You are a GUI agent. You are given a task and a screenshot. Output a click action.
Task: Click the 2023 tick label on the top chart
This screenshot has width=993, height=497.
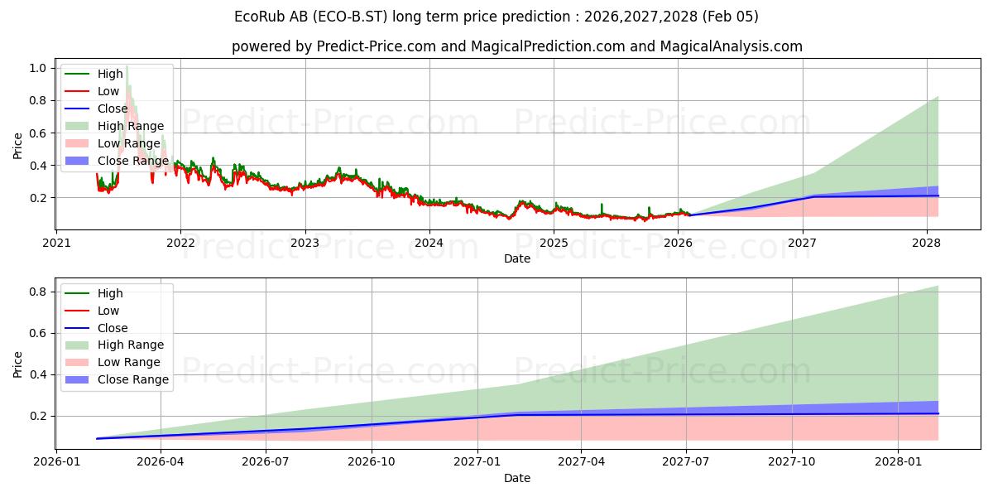coord(305,243)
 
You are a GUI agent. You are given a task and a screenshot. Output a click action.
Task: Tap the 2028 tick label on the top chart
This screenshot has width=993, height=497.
coord(926,243)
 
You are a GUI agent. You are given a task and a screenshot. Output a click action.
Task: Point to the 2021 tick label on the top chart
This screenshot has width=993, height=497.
coord(55,243)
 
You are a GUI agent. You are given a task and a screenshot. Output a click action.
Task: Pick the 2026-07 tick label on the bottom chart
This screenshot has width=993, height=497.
coord(266,461)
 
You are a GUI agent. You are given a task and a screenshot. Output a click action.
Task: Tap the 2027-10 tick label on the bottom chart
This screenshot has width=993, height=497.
coord(792,461)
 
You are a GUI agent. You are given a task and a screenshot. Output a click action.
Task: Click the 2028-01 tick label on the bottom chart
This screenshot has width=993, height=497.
coord(897,461)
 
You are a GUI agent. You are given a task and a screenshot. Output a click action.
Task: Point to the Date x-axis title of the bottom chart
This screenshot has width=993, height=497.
coord(517,478)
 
